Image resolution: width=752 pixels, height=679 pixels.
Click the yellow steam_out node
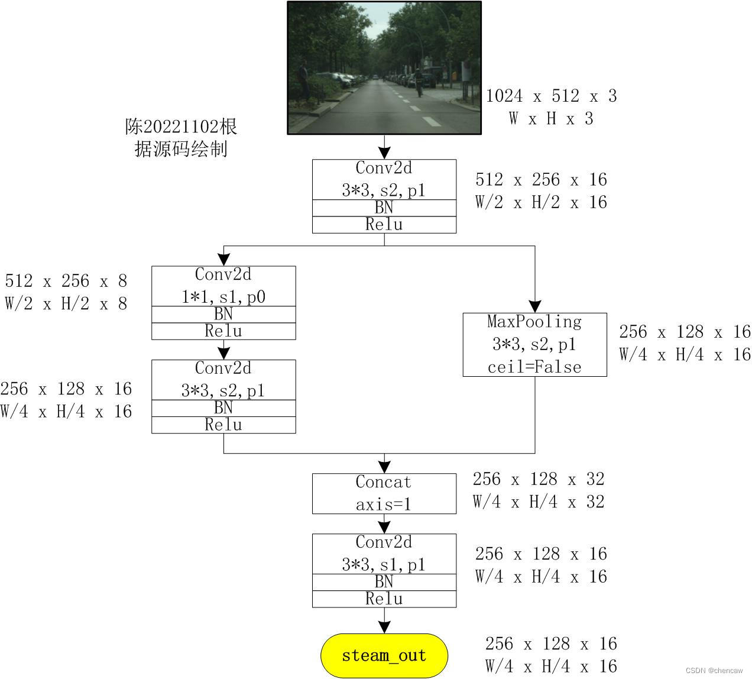click(x=384, y=655)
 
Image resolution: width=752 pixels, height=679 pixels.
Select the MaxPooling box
click(x=534, y=344)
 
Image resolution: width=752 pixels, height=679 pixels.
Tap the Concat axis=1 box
click(x=384, y=493)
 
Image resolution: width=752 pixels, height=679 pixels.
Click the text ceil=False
click(x=534, y=367)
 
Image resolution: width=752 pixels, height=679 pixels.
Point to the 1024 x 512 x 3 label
click(x=551, y=96)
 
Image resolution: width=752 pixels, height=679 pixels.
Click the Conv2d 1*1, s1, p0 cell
click(x=223, y=286)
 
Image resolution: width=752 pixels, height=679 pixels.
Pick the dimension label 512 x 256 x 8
click(x=66, y=281)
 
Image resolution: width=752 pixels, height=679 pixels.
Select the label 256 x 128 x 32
click(x=538, y=479)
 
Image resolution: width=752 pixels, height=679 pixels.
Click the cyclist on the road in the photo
click(x=419, y=82)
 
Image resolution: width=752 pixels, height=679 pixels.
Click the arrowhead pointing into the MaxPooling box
click(x=534, y=306)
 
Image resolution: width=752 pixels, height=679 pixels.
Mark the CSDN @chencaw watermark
click(x=714, y=670)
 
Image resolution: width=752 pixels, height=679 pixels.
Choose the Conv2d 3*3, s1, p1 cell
click(x=384, y=554)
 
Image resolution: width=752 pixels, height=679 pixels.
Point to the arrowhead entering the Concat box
click(x=384, y=467)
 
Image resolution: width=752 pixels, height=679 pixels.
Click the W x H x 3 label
click(x=550, y=119)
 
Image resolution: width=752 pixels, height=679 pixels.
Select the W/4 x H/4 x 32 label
click(x=538, y=502)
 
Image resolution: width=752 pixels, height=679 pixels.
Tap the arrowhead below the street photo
click(x=384, y=152)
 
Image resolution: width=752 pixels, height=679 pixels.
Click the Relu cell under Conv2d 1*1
click(x=223, y=331)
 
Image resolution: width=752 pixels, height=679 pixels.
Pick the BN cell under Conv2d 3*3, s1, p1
click(x=384, y=582)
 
